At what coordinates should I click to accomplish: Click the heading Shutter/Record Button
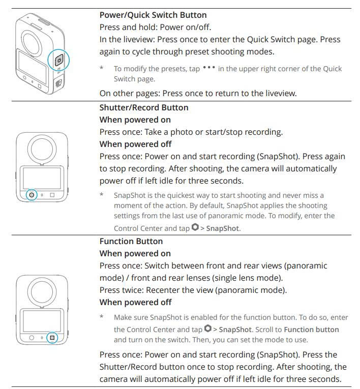[x=144, y=108]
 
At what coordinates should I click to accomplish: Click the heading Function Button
[x=131, y=242]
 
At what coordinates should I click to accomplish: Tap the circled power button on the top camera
[x=58, y=60]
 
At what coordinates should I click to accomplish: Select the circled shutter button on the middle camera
[x=32, y=195]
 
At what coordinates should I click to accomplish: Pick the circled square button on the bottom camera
[x=52, y=337]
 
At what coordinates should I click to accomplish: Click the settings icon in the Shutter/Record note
[x=195, y=228]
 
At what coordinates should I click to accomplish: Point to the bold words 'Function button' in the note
[x=311, y=330]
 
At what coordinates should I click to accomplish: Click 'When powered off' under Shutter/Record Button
[x=135, y=144]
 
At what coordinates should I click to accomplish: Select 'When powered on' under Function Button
[x=135, y=254]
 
